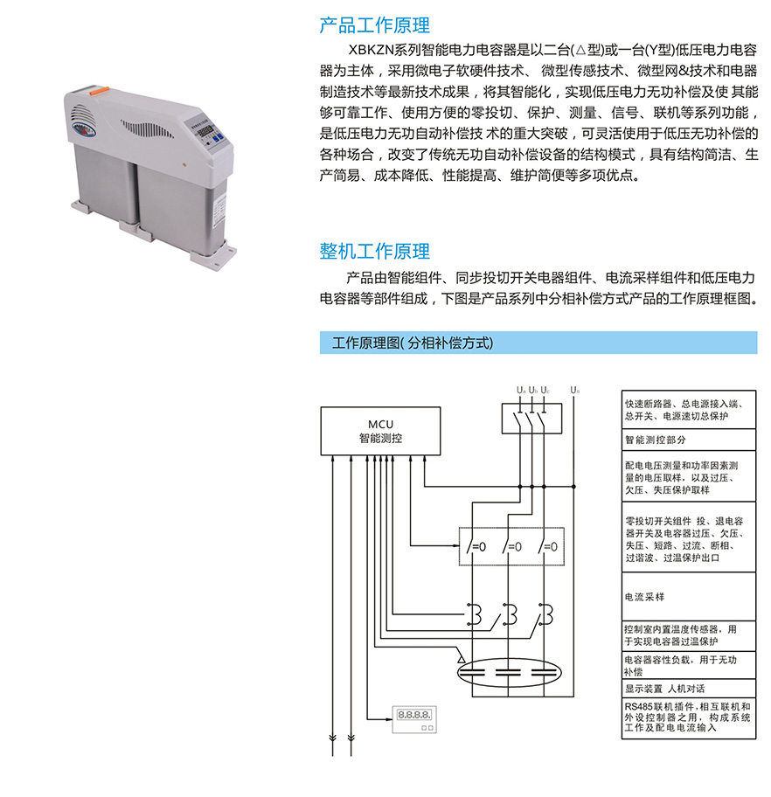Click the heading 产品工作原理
(374, 24)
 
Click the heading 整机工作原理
(374, 251)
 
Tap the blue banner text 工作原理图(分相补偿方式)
(413, 343)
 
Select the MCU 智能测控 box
(380, 431)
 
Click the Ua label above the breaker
(521, 390)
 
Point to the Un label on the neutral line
(574, 390)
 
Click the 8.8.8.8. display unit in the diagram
(414, 719)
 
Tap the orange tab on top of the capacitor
(99, 91)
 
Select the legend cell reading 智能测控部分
(689, 440)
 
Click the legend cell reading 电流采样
(689, 597)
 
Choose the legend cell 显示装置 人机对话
(689, 689)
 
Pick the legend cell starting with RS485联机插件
(689, 717)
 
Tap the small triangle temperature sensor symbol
(462, 659)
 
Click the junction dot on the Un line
(574, 487)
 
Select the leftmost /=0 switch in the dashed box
(476, 546)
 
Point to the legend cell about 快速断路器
(689, 410)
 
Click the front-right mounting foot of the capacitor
(214, 253)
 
